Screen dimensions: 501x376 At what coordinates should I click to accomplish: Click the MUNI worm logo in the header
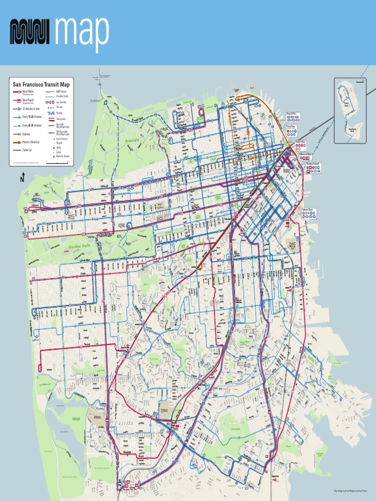coord(31,32)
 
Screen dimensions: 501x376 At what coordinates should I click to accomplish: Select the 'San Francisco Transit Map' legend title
coord(41,84)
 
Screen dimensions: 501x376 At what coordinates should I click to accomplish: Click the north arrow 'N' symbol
coord(22,179)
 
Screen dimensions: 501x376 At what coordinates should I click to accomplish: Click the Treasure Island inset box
coord(350,111)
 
